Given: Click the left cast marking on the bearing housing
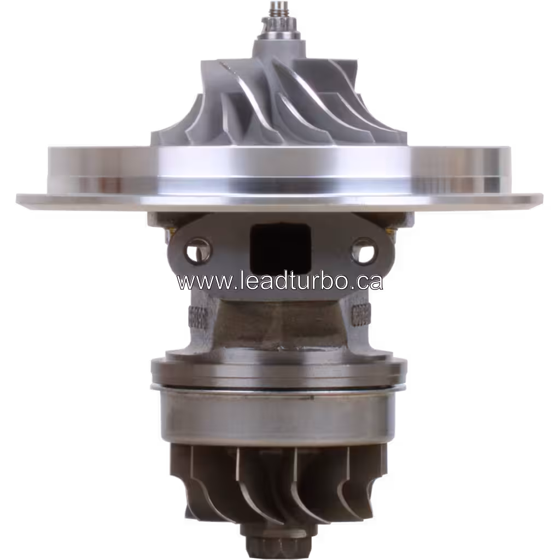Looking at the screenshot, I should (x=196, y=317).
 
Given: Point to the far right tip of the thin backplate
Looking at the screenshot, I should (x=541, y=197).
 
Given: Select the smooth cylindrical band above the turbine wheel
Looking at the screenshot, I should (x=273, y=416).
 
